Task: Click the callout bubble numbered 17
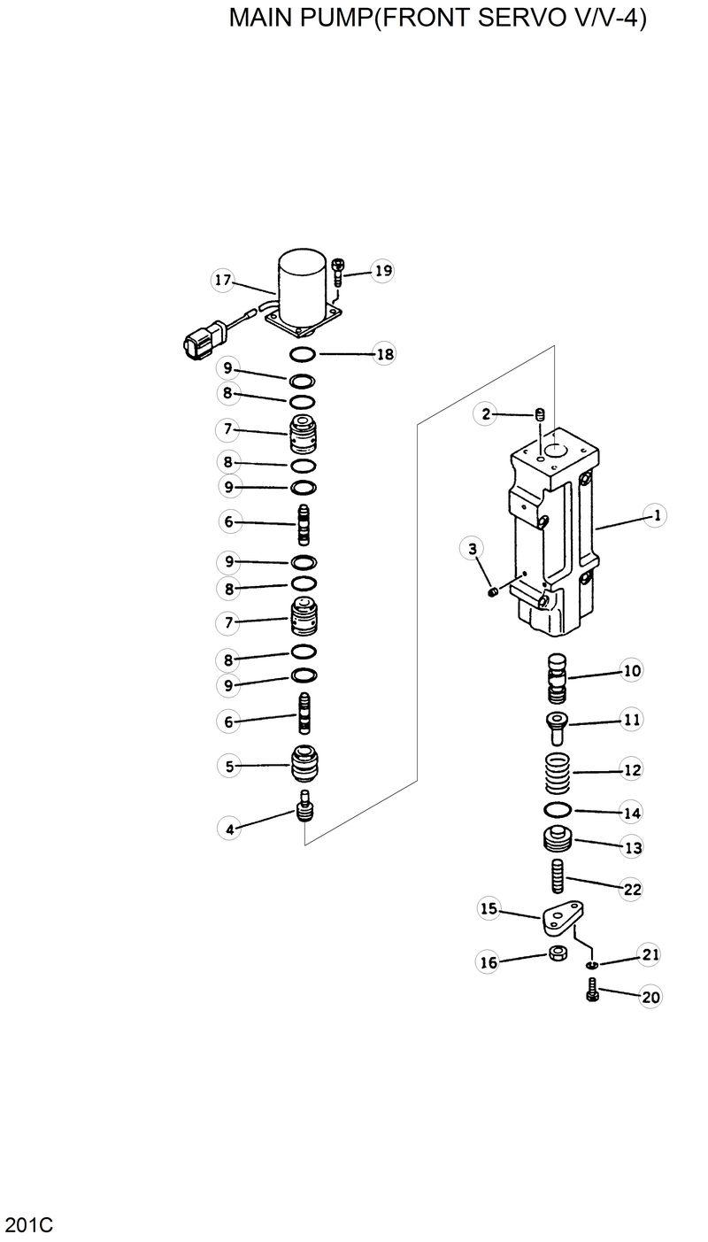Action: tap(222, 281)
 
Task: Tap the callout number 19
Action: tap(381, 271)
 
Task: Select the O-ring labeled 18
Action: tap(303, 354)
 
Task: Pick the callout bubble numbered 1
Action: tap(655, 515)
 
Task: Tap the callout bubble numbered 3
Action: tap(473, 550)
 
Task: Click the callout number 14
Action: tap(631, 812)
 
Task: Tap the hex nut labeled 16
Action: tap(558, 954)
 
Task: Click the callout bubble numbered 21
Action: tap(650, 954)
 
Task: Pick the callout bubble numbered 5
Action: tap(229, 767)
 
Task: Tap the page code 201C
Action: tap(29, 1225)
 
